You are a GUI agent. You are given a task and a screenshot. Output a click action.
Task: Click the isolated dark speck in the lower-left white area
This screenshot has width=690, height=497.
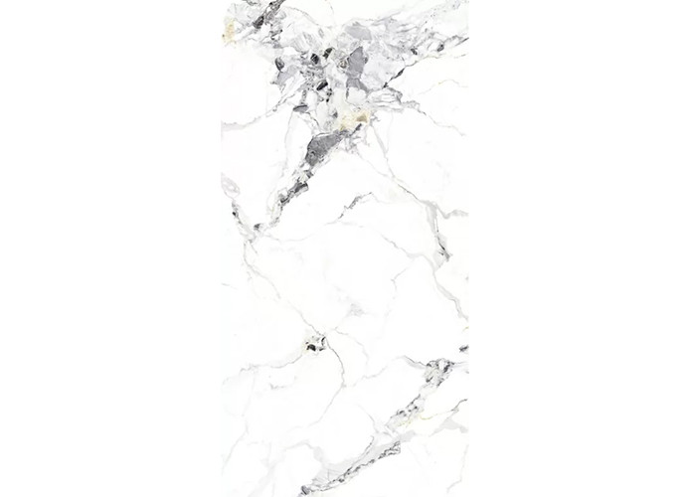[x=316, y=344]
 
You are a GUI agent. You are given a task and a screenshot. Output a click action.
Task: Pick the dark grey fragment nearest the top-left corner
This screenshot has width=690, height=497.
[x=259, y=19]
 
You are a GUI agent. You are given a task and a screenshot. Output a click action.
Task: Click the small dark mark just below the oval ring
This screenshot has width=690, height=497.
[x=237, y=211]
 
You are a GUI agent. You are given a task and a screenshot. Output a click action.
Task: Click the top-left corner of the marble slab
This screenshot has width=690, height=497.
[x=222, y=1]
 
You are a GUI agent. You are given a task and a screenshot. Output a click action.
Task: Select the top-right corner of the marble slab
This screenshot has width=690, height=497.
[x=467, y=1]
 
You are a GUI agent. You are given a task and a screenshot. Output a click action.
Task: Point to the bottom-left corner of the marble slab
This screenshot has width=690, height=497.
[x=222, y=495]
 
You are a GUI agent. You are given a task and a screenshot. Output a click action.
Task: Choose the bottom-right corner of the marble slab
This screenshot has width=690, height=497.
[x=467, y=495]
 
